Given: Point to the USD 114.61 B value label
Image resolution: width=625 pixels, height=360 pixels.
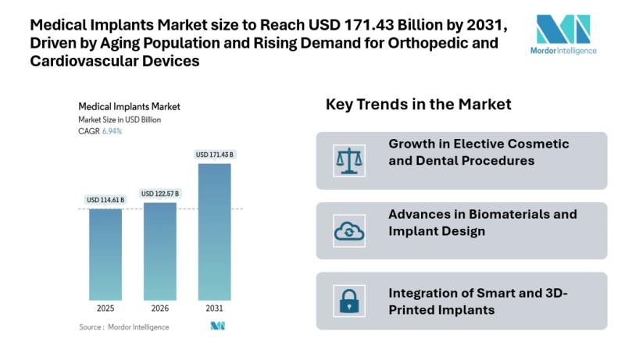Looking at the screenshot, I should [105, 201].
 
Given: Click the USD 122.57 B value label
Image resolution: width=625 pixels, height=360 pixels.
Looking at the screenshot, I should [159, 194].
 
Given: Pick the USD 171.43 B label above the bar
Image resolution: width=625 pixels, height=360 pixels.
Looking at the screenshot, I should [215, 155].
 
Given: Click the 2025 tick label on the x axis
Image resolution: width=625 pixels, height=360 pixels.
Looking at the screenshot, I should [105, 308].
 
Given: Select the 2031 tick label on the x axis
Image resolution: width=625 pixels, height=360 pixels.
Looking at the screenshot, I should [214, 308].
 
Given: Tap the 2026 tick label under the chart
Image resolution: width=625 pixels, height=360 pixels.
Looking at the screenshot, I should [159, 308].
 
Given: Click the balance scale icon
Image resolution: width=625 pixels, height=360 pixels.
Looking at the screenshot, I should [345, 160].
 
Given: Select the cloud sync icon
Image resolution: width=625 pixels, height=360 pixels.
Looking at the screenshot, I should [345, 230].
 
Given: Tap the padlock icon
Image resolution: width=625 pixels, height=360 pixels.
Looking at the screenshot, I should [345, 301].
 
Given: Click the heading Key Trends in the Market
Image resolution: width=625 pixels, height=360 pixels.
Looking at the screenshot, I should [418, 105].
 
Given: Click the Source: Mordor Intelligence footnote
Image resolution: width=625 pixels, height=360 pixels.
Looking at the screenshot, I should [123, 326].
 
